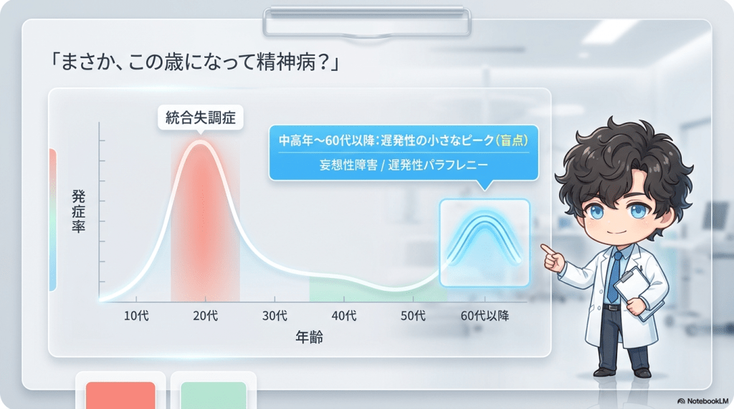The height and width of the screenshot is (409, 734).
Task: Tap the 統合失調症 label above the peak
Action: click(201, 117)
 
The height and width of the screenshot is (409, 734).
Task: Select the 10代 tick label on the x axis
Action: click(136, 316)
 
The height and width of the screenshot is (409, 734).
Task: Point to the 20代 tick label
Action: click(206, 316)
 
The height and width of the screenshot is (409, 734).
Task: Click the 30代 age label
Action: click(275, 316)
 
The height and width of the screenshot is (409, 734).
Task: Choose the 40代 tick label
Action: click(344, 316)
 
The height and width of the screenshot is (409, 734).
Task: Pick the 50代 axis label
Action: click(414, 316)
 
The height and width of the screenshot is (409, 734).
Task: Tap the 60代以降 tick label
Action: click(485, 316)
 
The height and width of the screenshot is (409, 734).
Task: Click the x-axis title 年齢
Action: click(310, 337)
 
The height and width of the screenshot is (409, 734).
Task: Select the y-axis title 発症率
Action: click(78, 211)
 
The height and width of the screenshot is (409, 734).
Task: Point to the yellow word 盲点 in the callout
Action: click(512, 140)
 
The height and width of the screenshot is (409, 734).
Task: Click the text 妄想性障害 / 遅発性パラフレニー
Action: click(404, 165)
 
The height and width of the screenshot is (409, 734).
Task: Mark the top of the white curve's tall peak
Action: click(201, 142)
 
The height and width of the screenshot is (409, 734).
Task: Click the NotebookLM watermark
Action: click(702, 401)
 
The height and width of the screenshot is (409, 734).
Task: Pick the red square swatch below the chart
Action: click(120, 395)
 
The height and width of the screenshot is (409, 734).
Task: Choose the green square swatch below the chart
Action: click(214, 395)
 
